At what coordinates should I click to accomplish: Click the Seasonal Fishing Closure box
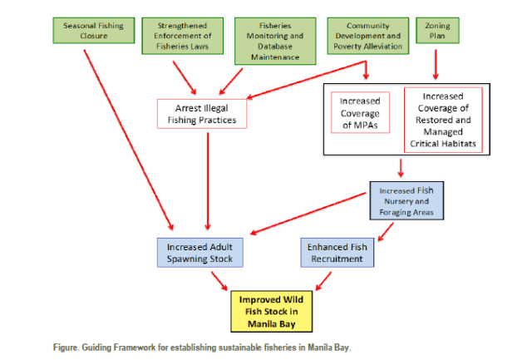coord(94,31)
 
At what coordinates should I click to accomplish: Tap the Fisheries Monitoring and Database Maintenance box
coord(273,41)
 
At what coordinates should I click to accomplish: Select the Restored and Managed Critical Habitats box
coord(443,120)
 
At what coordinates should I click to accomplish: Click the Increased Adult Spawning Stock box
coord(199,253)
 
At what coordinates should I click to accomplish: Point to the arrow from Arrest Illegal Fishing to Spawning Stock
coord(207,182)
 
